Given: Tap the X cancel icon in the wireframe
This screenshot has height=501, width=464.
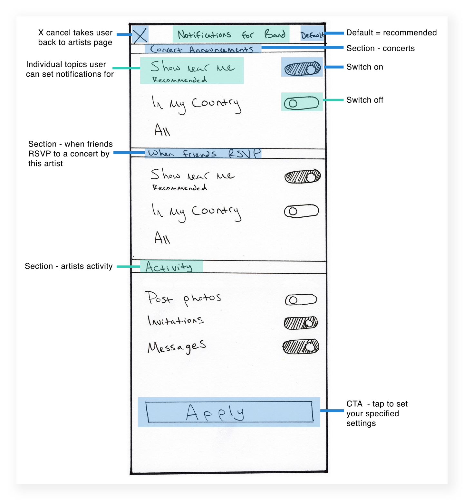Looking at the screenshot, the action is [x=140, y=35].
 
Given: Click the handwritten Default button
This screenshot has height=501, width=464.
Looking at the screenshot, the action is [x=312, y=34].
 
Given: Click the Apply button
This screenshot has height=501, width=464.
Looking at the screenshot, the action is [x=229, y=412].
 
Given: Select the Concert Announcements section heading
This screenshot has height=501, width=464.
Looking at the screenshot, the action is [x=202, y=49].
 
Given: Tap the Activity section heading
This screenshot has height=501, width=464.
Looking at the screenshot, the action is [x=170, y=267].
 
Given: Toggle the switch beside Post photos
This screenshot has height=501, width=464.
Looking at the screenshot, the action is [x=301, y=300].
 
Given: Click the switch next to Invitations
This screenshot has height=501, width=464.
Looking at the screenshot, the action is [x=301, y=323].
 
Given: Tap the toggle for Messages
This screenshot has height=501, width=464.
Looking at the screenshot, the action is [x=301, y=347].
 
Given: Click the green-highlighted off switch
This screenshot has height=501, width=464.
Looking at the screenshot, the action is [x=302, y=103].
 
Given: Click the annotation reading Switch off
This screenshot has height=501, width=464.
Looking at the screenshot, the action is [x=365, y=100].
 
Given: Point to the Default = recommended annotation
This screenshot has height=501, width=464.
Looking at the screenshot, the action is [x=391, y=33].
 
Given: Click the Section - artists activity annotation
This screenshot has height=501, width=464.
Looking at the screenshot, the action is [x=69, y=266].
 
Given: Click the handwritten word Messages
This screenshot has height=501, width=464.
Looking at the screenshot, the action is [x=177, y=347].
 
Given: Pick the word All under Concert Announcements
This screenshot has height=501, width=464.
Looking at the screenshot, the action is [x=162, y=130].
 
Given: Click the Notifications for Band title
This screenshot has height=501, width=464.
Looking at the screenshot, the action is [x=231, y=34].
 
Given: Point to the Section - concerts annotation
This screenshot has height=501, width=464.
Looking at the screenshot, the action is [x=381, y=48].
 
